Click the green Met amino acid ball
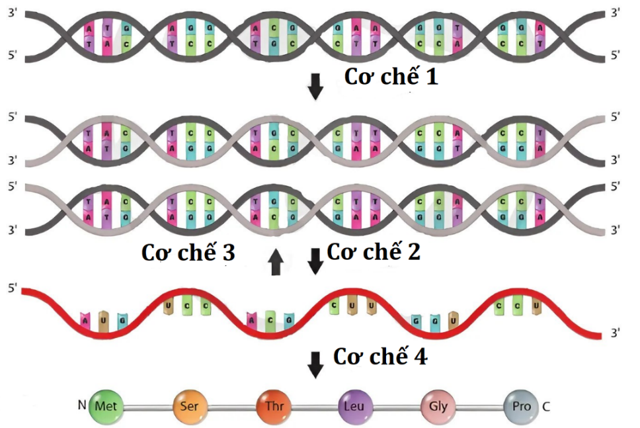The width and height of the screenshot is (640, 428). pyautogui.click(x=102, y=406)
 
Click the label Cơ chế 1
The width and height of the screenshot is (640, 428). pyautogui.click(x=391, y=77)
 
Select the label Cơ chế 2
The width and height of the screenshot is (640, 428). pyautogui.click(x=373, y=252)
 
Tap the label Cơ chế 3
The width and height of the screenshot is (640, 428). pyautogui.click(x=188, y=253)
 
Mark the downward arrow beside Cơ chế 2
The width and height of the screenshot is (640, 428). pyautogui.click(x=316, y=261)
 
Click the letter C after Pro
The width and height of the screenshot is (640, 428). pyautogui.click(x=546, y=406)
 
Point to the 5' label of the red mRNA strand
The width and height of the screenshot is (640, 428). pyautogui.click(x=12, y=288)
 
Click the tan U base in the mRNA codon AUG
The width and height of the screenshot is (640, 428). pyautogui.click(x=103, y=320)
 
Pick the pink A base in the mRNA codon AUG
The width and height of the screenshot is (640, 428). pyautogui.click(x=85, y=320)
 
